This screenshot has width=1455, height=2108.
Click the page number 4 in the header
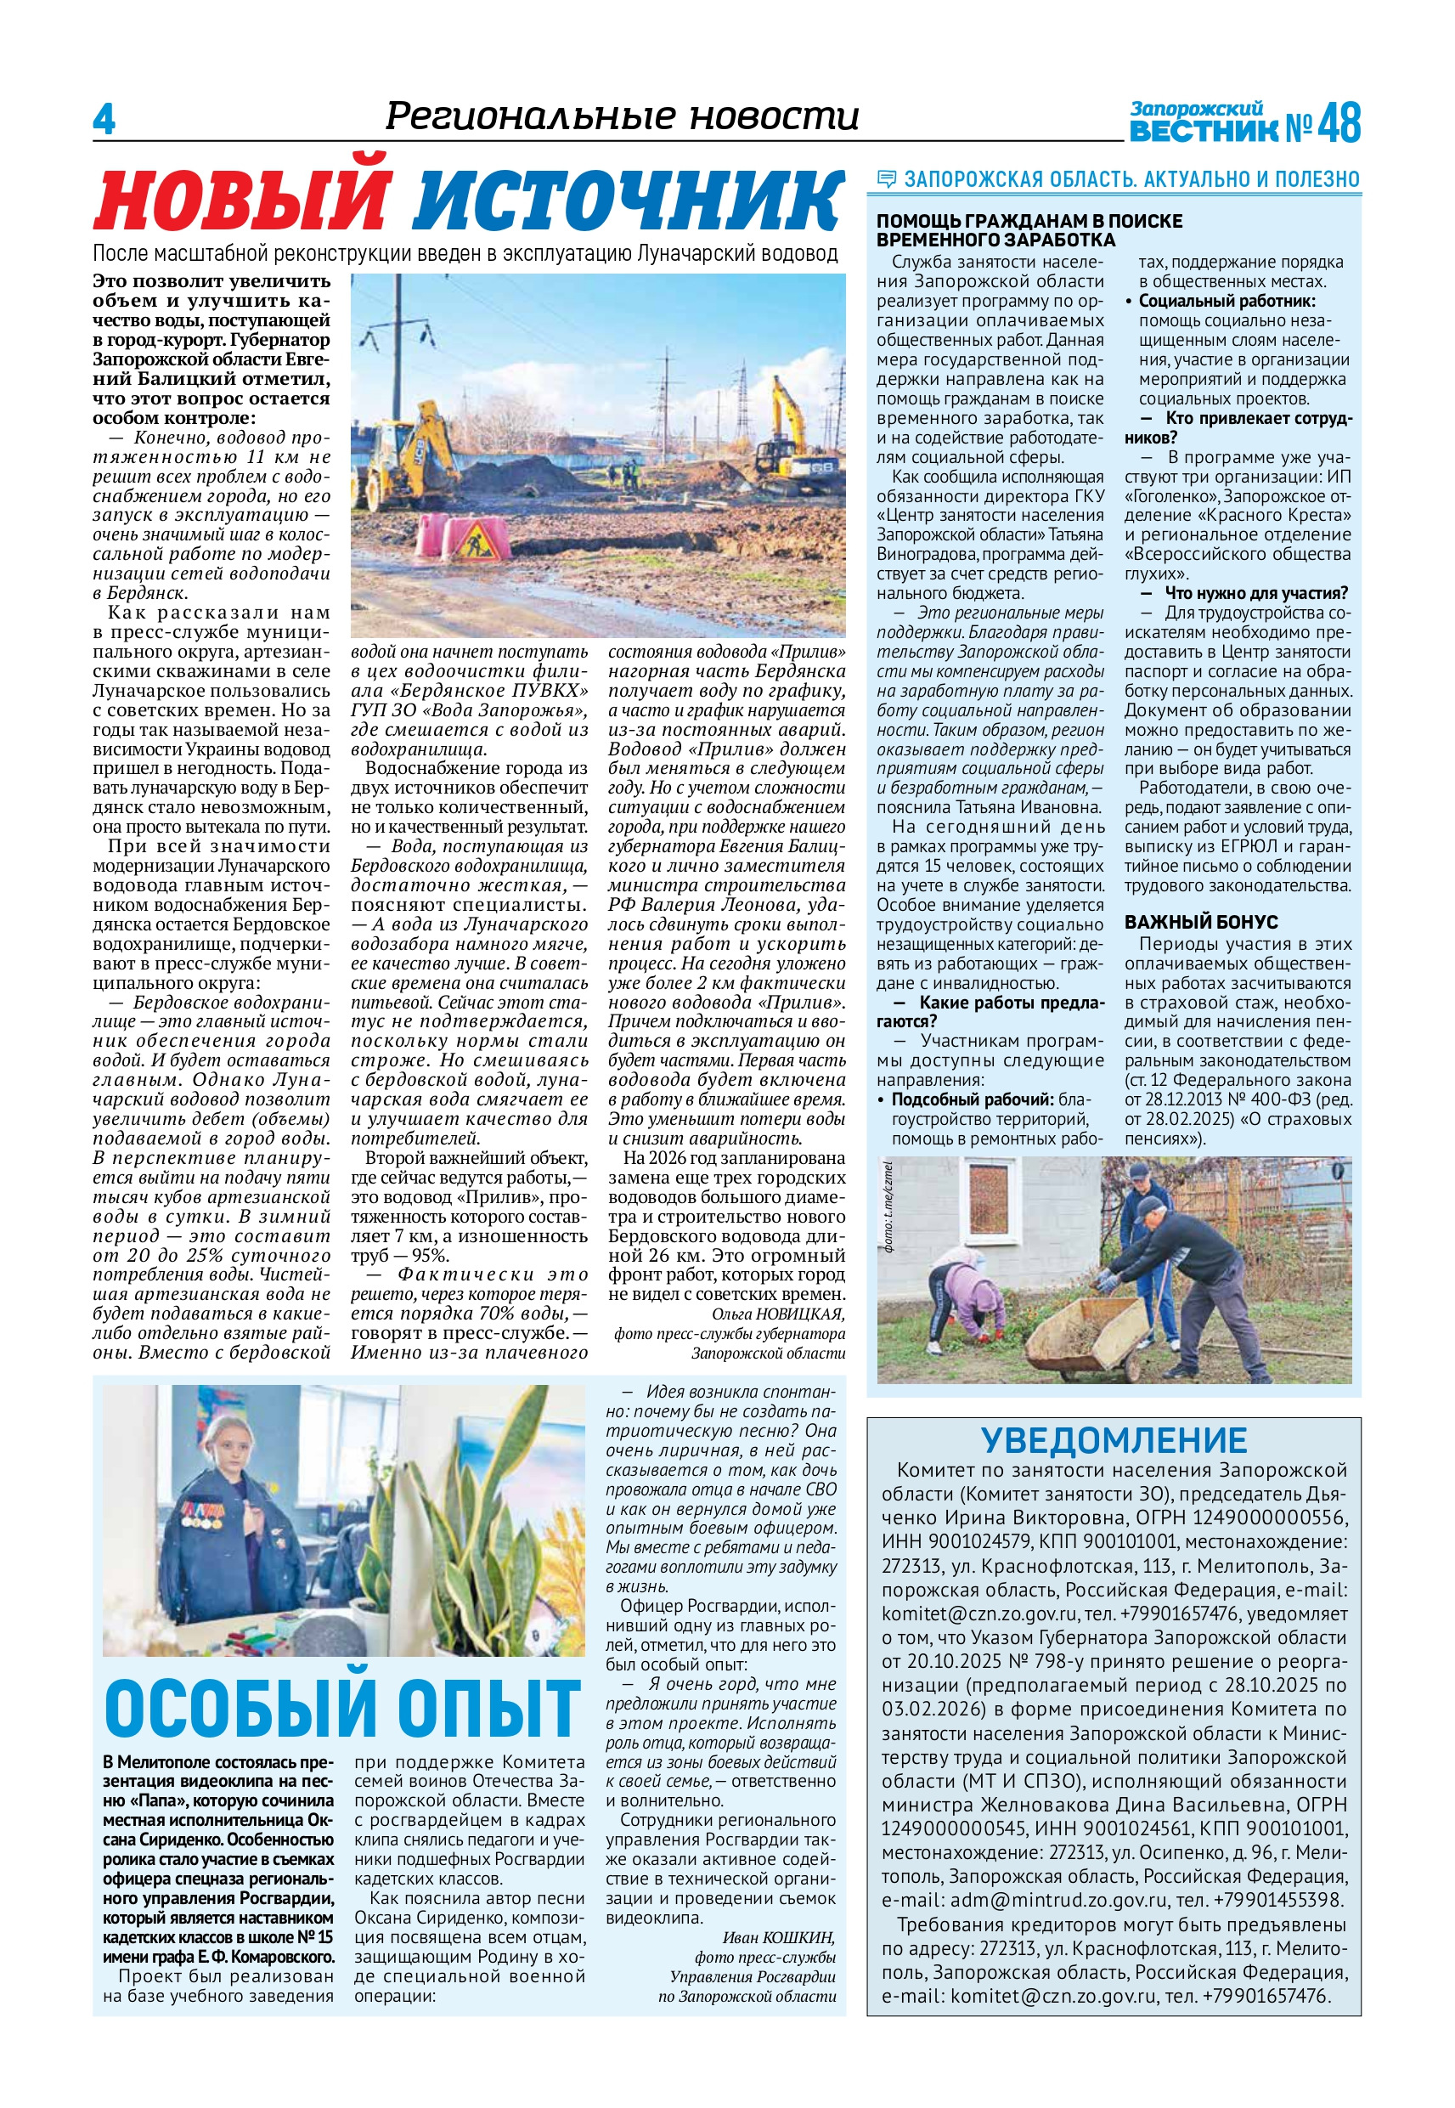(x=104, y=120)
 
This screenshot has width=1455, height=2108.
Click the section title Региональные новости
(x=622, y=116)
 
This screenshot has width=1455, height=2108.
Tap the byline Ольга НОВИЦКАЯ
(x=778, y=1314)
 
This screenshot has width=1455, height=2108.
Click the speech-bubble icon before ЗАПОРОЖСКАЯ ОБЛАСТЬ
(x=886, y=179)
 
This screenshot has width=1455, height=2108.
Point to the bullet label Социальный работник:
(x=1227, y=301)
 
